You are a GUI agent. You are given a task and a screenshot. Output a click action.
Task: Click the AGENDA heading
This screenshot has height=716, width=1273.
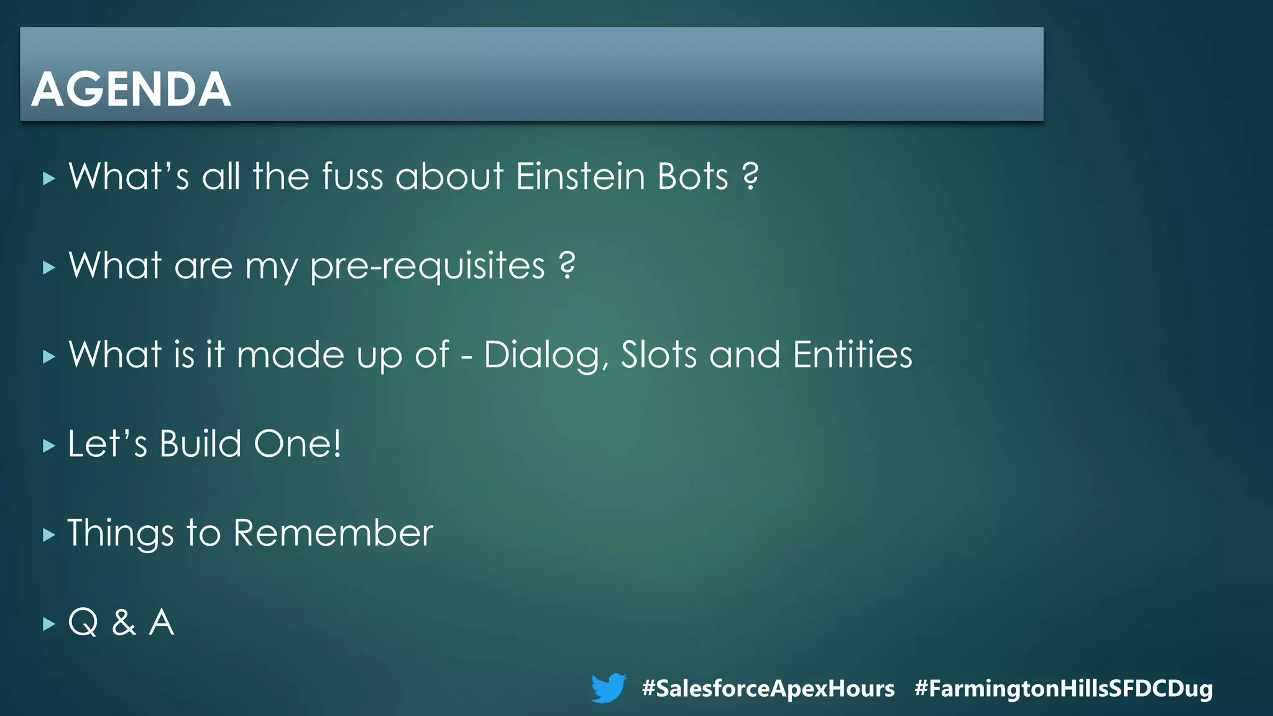point(131,89)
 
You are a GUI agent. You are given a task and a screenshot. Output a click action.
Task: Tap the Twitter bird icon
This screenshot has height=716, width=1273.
point(608,688)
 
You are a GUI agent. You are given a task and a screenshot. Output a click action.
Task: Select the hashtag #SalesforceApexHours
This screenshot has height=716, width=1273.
point(768,689)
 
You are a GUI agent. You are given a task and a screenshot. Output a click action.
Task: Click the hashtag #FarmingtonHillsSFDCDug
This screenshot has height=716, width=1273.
point(1064,689)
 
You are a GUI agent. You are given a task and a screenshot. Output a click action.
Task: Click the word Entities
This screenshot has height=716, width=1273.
point(852,355)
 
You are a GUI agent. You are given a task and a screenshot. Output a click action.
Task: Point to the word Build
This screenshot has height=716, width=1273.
point(200,444)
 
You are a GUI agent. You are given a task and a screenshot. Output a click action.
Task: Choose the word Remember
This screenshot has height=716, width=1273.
point(333,533)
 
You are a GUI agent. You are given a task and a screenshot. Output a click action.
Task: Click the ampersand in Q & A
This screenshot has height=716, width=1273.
point(124,622)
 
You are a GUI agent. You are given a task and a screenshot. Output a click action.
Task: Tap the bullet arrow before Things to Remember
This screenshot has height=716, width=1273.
point(49,535)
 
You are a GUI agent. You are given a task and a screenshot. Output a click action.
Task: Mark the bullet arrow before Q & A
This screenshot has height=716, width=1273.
point(49,623)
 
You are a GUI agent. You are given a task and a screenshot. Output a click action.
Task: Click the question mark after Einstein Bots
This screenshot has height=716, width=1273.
point(751,177)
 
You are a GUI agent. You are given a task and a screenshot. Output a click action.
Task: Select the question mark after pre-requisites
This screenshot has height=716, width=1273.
point(567,266)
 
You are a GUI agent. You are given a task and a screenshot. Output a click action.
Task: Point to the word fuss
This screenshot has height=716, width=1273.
point(352,177)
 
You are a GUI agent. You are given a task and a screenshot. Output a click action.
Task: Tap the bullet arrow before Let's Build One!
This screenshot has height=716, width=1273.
point(49,446)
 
